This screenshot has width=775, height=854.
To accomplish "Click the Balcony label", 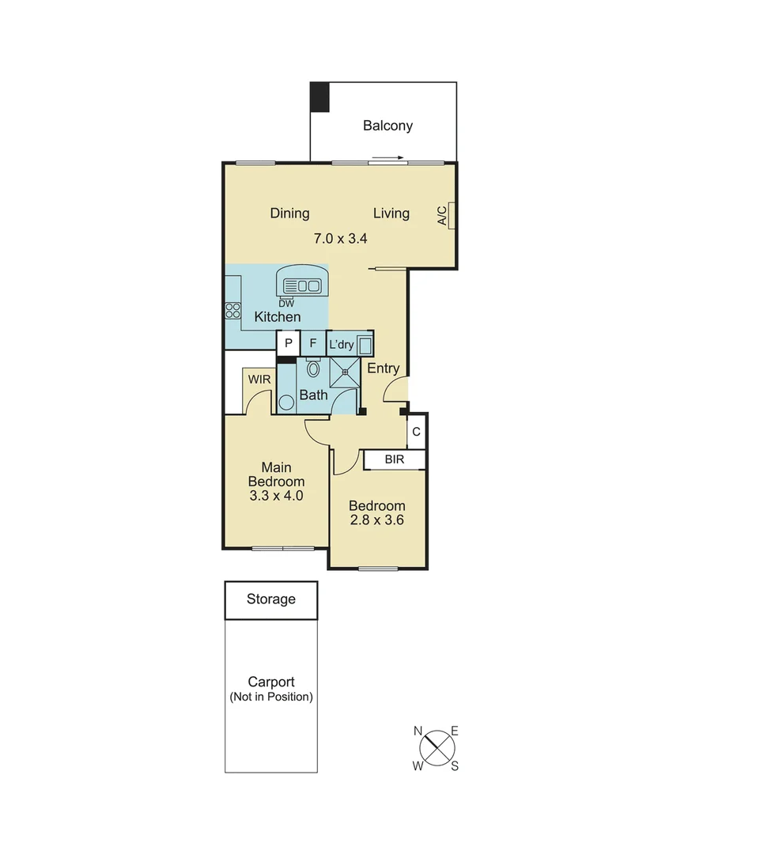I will pyautogui.click(x=387, y=126).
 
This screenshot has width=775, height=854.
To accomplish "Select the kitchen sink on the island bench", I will pyautogui.click(x=300, y=285).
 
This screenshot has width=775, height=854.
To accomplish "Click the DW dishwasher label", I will pyautogui.click(x=286, y=302).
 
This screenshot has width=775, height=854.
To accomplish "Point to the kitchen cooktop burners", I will pyautogui.click(x=232, y=311).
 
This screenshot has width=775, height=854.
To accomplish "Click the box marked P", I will pyautogui.click(x=289, y=343).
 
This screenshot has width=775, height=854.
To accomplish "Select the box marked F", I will pyautogui.click(x=313, y=343).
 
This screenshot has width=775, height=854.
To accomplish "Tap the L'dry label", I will pyautogui.click(x=342, y=344).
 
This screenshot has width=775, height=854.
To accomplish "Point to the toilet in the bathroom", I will pyautogui.click(x=313, y=368).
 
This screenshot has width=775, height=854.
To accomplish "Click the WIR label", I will pyautogui.click(x=259, y=380).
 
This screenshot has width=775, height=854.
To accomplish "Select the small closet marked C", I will pyautogui.click(x=416, y=433).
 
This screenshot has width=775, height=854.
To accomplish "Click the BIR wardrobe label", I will pyautogui.click(x=395, y=459).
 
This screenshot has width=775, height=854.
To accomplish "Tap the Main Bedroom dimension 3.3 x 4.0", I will pyautogui.click(x=276, y=496).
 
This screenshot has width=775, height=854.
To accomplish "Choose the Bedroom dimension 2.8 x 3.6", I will pyautogui.click(x=377, y=520).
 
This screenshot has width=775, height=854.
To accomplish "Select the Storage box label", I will pyautogui.click(x=270, y=599).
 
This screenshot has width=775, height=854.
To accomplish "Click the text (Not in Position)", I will pyautogui.click(x=271, y=697).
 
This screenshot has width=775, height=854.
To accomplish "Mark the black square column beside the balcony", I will pyautogui.click(x=319, y=96).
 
